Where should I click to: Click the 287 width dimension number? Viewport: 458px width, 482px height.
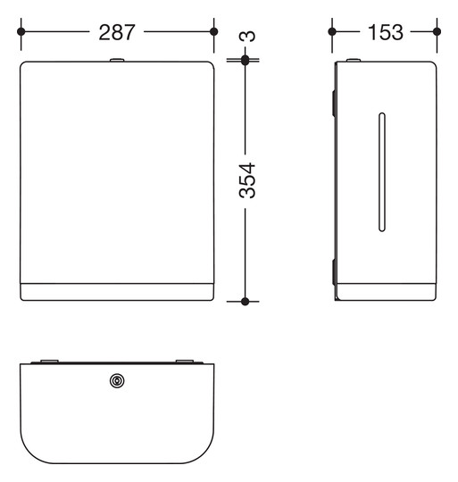(116, 32)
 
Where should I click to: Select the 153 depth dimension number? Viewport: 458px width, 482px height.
(385, 32)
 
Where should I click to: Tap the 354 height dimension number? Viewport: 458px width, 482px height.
(247, 180)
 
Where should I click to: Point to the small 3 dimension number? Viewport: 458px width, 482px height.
(247, 36)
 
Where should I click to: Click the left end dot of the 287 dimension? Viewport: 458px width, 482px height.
(21, 31)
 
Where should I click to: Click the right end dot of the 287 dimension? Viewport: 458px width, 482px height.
(214, 31)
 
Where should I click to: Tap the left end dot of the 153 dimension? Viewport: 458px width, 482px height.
(332, 31)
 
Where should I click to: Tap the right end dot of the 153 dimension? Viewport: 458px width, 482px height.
(437, 31)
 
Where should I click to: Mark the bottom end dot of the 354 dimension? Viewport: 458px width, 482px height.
(245, 302)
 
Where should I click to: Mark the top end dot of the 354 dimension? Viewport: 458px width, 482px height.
(245, 60)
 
